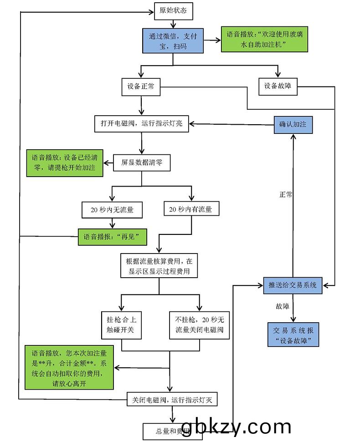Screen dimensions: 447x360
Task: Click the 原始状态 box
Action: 173,11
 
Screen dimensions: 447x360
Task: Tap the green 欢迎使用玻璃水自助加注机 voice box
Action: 256,39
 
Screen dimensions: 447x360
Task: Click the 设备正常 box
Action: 141,87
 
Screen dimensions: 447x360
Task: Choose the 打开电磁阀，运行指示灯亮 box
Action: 141,124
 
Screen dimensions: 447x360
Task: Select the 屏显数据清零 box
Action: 141,162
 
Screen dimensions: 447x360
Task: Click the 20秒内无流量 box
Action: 112,210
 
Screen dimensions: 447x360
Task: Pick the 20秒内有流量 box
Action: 191,209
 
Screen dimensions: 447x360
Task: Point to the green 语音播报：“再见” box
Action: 112,237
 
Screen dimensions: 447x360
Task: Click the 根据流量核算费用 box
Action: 159,267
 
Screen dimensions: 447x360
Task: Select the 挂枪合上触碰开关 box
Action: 121,325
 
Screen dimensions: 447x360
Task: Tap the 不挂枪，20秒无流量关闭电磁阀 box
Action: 199,325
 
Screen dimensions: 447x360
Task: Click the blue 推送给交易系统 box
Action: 293,285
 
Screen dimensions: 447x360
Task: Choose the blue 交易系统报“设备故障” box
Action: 293,335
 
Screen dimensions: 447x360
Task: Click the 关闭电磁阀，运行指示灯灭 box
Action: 172,400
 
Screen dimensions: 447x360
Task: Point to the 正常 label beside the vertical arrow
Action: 286,194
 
